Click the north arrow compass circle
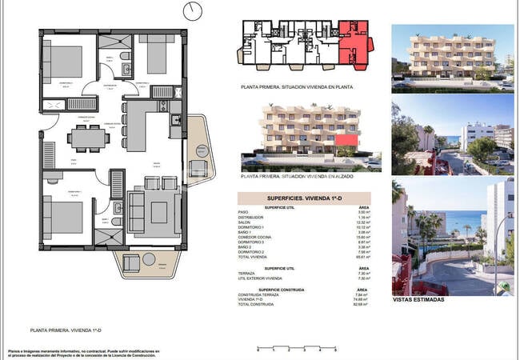point(193,11)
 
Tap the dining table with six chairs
point(87,138)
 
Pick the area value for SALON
point(362,222)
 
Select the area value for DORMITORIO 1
point(362,227)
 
